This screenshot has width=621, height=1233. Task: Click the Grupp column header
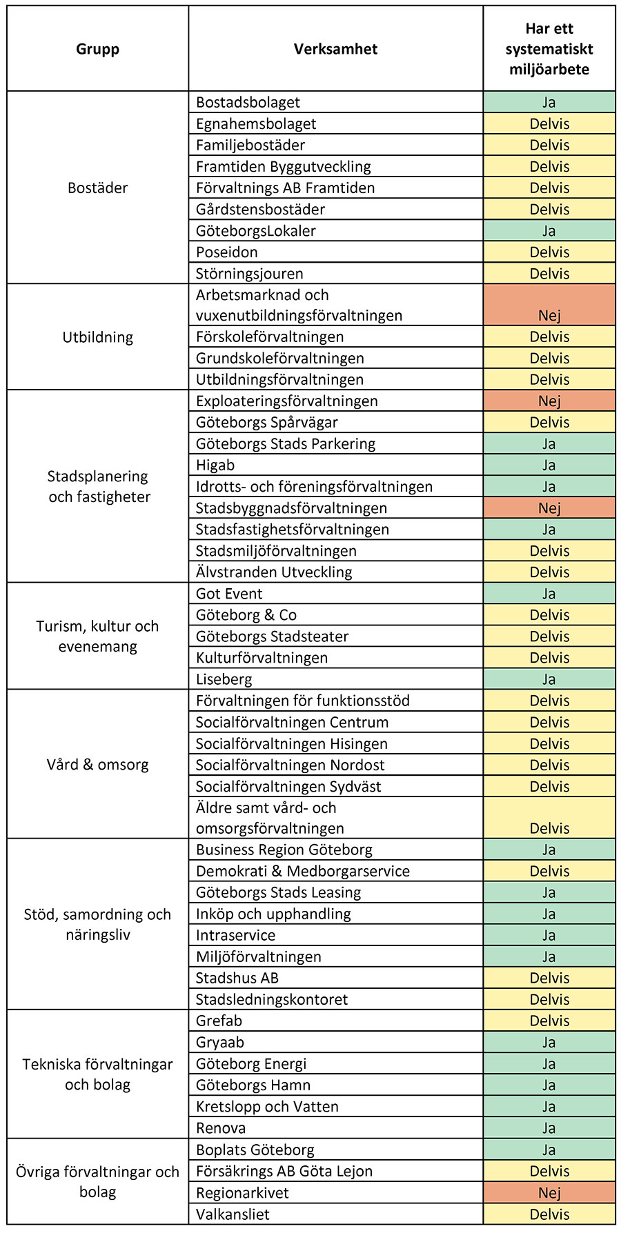tap(97, 49)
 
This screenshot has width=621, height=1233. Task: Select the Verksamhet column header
tap(335, 49)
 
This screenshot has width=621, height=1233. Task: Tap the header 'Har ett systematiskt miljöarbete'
tap(549, 49)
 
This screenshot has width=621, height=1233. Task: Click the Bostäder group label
tap(97, 188)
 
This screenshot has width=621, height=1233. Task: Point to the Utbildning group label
tap(97, 337)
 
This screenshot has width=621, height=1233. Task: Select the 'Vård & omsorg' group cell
tap(97, 764)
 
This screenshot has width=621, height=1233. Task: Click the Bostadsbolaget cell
tap(248, 102)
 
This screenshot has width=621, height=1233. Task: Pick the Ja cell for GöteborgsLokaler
tap(549, 230)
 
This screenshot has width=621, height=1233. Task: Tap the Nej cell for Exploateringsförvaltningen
tap(549, 401)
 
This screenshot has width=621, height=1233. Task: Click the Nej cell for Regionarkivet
tap(549, 1192)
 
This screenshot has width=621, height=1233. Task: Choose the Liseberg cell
tap(224, 679)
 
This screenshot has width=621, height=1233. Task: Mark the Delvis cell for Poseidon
tap(549, 252)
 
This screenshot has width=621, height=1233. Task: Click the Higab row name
tap(215, 465)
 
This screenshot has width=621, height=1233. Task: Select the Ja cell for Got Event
tap(549, 593)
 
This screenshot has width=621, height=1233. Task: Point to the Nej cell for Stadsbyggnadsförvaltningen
tap(549, 508)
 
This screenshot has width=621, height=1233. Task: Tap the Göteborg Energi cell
tap(251, 1063)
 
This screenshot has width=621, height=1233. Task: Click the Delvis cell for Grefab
tap(549, 1021)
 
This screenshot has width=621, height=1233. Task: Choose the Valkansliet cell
tap(233, 1214)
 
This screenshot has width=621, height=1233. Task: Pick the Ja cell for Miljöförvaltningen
tap(549, 956)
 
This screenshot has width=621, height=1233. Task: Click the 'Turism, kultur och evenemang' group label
tap(97, 636)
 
